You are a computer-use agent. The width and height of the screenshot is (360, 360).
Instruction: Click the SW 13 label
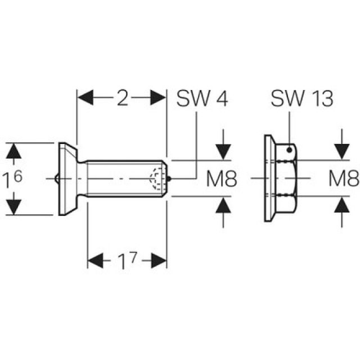point(301,100)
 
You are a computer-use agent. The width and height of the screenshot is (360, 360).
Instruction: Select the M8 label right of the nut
point(344,180)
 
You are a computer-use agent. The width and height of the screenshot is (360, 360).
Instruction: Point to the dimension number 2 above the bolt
point(122,99)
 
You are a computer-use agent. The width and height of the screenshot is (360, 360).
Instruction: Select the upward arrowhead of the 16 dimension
point(15,151)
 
